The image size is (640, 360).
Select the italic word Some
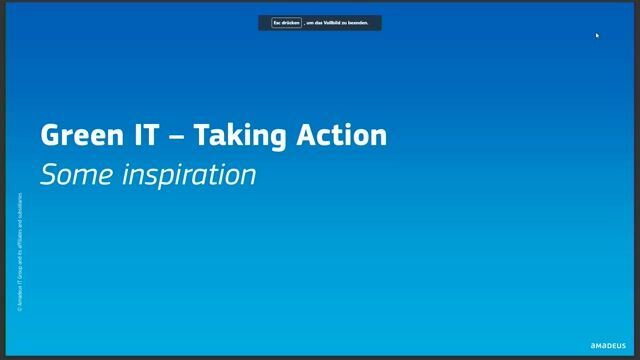76,174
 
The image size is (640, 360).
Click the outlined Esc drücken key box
286,22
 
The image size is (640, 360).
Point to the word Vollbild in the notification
334,22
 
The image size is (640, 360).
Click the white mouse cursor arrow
597,35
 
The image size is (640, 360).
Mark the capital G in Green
49,135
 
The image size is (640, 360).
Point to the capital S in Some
48,174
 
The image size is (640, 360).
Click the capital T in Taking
200,135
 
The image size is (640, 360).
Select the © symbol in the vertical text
21,308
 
